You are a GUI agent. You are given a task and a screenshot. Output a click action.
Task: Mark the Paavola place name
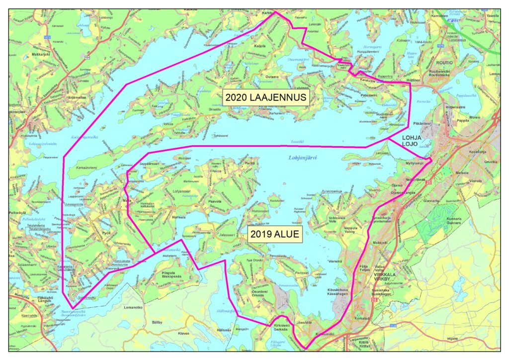click(x=214, y=201)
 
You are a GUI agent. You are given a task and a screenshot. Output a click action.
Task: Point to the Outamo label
click(x=272, y=77)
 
